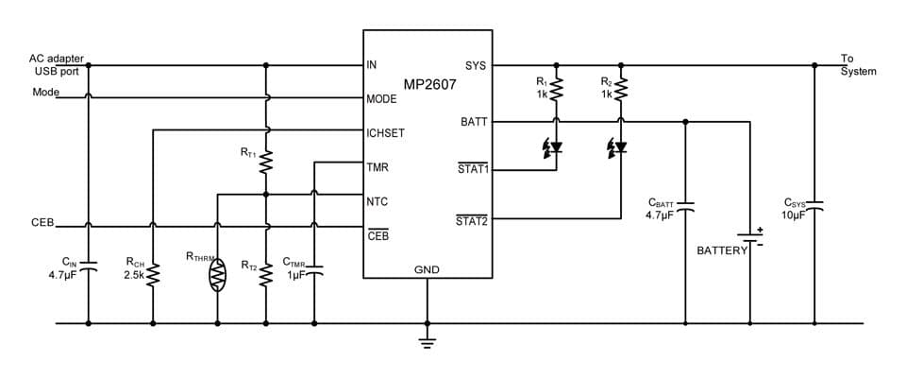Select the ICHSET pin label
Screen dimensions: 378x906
pos(385,133)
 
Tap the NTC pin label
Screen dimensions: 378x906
pos(377,201)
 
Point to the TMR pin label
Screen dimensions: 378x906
pos(377,167)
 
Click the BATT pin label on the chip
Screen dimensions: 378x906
pos(473,122)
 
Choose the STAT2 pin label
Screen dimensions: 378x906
pos(471,221)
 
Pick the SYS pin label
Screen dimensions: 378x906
pos(476,66)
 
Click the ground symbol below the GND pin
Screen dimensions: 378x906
pos(427,342)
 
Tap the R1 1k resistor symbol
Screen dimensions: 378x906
pos(557,89)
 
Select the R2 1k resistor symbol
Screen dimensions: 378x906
pos(621,89)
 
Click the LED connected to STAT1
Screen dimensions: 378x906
pos(555,147)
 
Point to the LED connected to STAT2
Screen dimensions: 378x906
pos(619,147)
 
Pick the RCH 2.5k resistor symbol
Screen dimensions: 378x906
pos(152,274)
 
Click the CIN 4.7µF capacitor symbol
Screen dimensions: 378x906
pos(88,266)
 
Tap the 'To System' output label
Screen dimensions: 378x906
pos(858,65)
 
